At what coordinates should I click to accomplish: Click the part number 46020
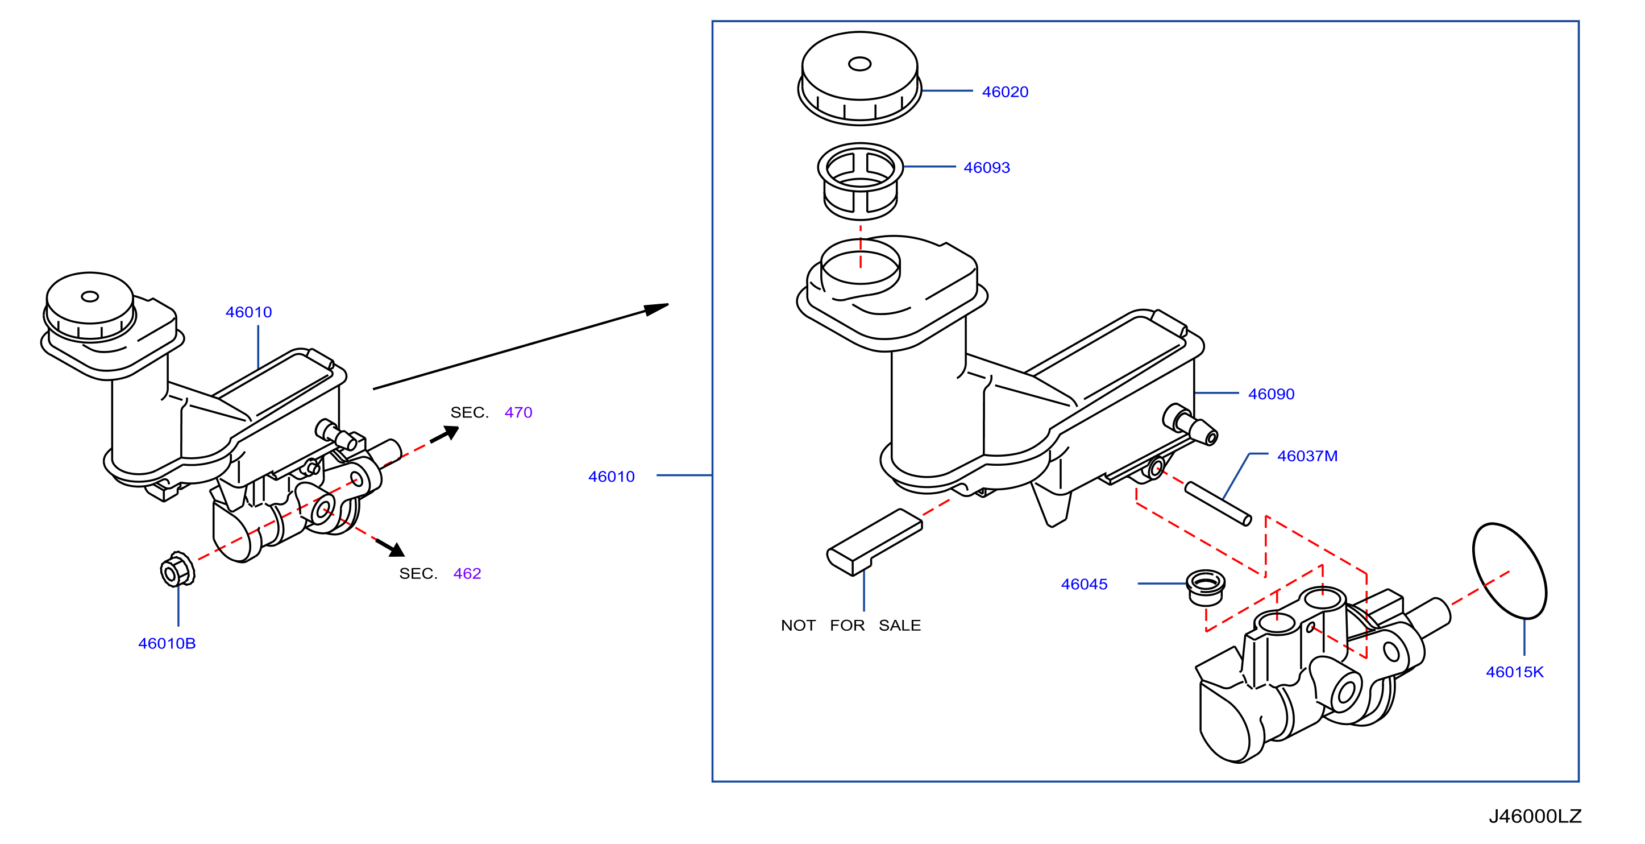pyautogui.click(x=1005, y=92)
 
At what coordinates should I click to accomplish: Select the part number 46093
pyautogui.click(x=987, y=167)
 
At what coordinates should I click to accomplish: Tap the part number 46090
pyautogui.click(x=1272, y=394)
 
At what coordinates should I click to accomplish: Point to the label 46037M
pyautogui.click(x=1307, y=456)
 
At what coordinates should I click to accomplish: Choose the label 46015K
pyautogui.click(x=1515, y=672)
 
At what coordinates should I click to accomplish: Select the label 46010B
pyautogui.click(x=167, y=643)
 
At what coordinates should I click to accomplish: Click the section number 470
pyautogui.click(x=518, y=413)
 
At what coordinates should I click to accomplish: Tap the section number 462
pyautogui.click(x=467, y=574)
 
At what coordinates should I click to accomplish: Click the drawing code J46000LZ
pyautogui.click(x=1535, y=817)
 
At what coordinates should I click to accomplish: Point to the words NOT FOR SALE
pyautogui.click(x=850, y=626)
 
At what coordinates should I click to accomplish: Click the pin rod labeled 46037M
pyautogui.click(x=1218, y=503)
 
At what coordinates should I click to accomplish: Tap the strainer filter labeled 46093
pyautogui.click(x=860, y=181)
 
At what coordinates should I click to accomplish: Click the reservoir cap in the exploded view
pyautogui.click(x=859, y=78)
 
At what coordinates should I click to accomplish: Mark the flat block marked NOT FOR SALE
pyautogui.click(x=874, y=542)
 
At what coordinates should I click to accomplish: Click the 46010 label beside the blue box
pyautogui.click(x=611, y=477)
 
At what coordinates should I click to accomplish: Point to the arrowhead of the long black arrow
pyautogui.click(x=657, y=309)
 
